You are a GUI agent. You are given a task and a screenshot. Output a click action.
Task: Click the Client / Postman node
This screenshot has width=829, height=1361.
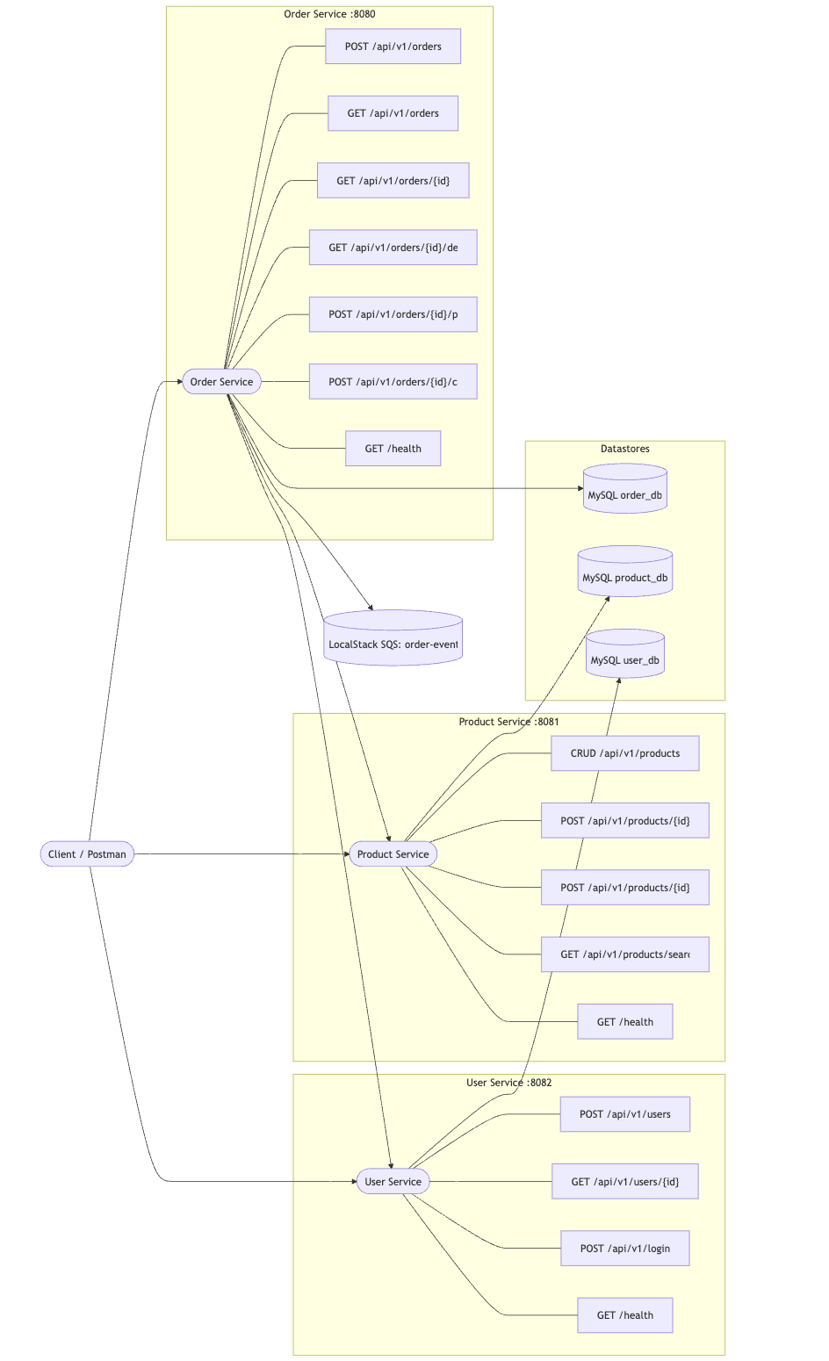(x=87, y=853)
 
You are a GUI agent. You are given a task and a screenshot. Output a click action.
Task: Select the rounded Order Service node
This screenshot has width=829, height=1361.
(x=221, y=382)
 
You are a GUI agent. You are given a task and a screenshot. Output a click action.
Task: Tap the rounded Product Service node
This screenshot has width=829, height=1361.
(x=393, y=853)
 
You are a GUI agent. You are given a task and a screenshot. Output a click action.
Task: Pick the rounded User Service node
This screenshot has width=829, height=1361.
(x=393, y=1181)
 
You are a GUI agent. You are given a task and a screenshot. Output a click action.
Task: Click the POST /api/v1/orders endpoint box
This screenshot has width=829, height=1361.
(x=393, y=47)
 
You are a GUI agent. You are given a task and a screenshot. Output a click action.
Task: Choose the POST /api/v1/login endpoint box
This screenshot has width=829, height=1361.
(x=624, y=1248)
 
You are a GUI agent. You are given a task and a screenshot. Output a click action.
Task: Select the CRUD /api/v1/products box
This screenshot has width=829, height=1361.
(x=624, y=753)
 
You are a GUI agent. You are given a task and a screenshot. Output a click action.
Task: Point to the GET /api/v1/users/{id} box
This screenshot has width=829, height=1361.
(x=624, y=1181)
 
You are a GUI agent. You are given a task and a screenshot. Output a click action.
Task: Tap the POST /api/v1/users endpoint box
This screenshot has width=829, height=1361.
(x=624, y=1114)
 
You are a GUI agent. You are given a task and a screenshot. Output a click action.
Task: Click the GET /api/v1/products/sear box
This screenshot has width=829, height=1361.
(x=624, y=954)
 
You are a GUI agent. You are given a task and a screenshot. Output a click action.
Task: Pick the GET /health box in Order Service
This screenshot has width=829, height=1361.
(x=393, y=449)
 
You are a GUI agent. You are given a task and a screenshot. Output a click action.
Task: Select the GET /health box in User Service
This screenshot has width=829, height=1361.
(x=624, y=1314)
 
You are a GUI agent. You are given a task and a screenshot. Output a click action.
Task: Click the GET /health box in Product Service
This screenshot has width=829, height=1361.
(x=624, y=1021)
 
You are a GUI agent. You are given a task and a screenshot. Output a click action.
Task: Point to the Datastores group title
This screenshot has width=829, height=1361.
(x=624, y=449)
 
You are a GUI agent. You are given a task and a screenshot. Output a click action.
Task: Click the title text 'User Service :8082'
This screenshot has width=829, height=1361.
(x=508, y=1083)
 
